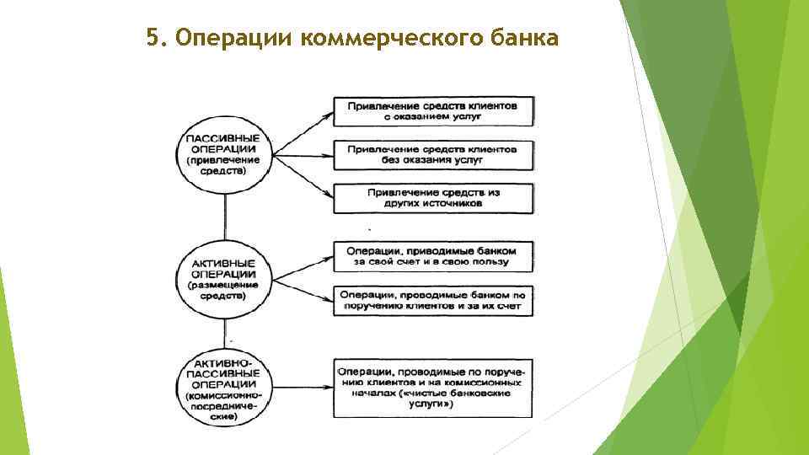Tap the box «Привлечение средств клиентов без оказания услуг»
[433, 154]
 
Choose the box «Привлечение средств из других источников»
[433, 198]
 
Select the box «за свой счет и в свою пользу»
[433, 256]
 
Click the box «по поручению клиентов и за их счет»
[433, 302]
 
